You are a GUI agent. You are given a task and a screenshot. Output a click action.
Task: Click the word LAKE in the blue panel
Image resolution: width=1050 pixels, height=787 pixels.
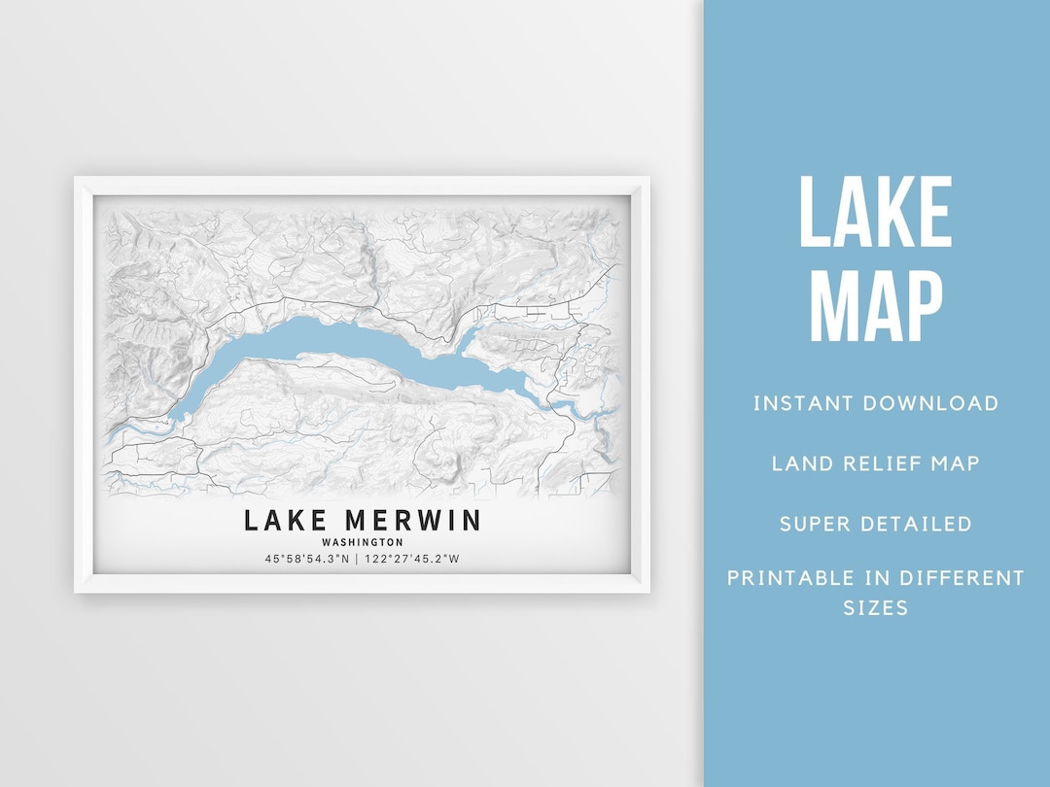tap(875, 213)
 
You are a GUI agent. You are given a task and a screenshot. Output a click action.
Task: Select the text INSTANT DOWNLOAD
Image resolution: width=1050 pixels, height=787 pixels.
tap(875, 403)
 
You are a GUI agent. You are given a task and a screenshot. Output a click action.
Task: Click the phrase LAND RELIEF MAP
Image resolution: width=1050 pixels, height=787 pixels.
tap(875, 463)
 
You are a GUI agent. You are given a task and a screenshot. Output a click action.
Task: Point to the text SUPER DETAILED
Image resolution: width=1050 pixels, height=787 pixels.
tap(875, 524)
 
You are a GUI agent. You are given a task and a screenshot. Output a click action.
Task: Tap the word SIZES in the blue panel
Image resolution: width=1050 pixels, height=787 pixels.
tap(875, 608)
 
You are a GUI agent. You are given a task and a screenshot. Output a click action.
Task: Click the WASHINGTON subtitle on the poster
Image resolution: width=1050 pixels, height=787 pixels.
tap(362, 542)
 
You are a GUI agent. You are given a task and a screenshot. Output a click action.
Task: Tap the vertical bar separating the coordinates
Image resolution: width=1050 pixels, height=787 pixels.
tap(357, 559)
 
